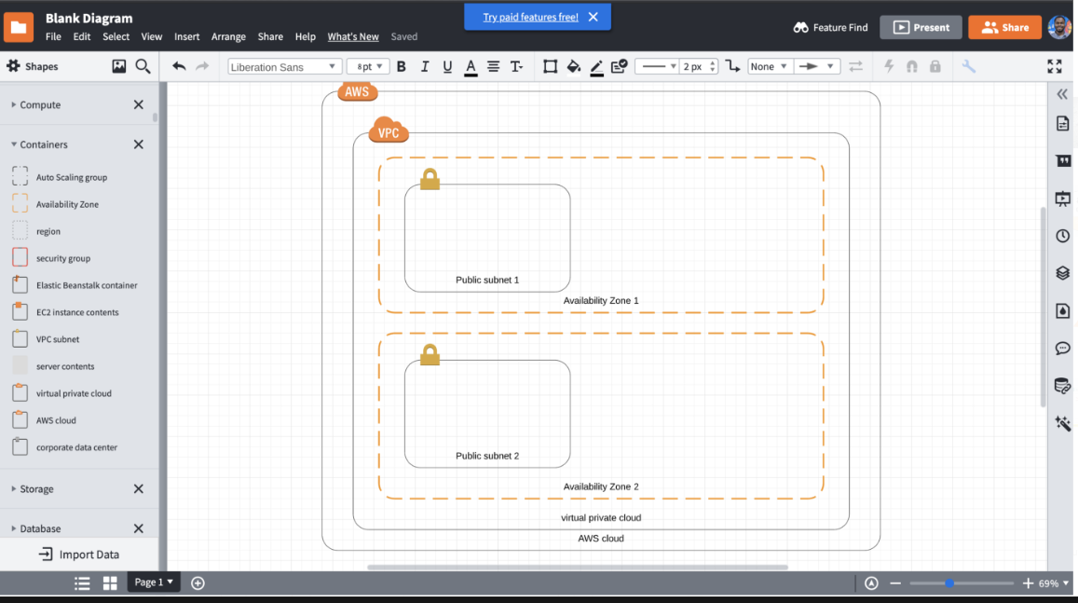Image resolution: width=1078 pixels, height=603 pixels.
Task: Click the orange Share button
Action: tap(1004, 27)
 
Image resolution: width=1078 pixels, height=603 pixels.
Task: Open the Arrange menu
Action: tap(228, 36)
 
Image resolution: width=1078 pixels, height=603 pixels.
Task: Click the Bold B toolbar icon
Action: tap(402, 66)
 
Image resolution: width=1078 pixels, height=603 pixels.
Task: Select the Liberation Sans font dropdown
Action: tap(284, 67)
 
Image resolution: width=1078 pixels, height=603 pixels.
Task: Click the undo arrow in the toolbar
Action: tap(179, 66)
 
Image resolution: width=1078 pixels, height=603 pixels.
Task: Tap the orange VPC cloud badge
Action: tap(389, 131)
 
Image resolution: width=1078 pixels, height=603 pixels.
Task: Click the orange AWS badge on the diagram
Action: tap(357, 91)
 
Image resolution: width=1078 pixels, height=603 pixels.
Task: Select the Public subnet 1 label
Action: tap(487, 280)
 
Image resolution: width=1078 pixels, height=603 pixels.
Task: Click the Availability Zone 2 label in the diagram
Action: tap(601, 487)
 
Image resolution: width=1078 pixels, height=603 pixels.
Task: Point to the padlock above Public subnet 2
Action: tap(430, 354)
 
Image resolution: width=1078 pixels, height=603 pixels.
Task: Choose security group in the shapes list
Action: tap(62, 258)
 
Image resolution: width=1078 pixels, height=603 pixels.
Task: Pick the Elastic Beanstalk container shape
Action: tap(86, 285)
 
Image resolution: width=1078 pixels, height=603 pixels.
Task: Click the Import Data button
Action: tap(79, 555)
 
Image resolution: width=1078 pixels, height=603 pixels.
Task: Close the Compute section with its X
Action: tap(139, 105)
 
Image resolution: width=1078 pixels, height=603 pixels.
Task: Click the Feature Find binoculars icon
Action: tap(800, 28)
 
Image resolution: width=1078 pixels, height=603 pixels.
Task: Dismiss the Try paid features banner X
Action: tap(594, 17)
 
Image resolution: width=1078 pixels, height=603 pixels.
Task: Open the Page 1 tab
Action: tap(154, 582)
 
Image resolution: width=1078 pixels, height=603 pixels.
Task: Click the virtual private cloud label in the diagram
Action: tap(601, 517)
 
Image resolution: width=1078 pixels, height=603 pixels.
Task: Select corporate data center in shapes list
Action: tap(76, 447)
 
